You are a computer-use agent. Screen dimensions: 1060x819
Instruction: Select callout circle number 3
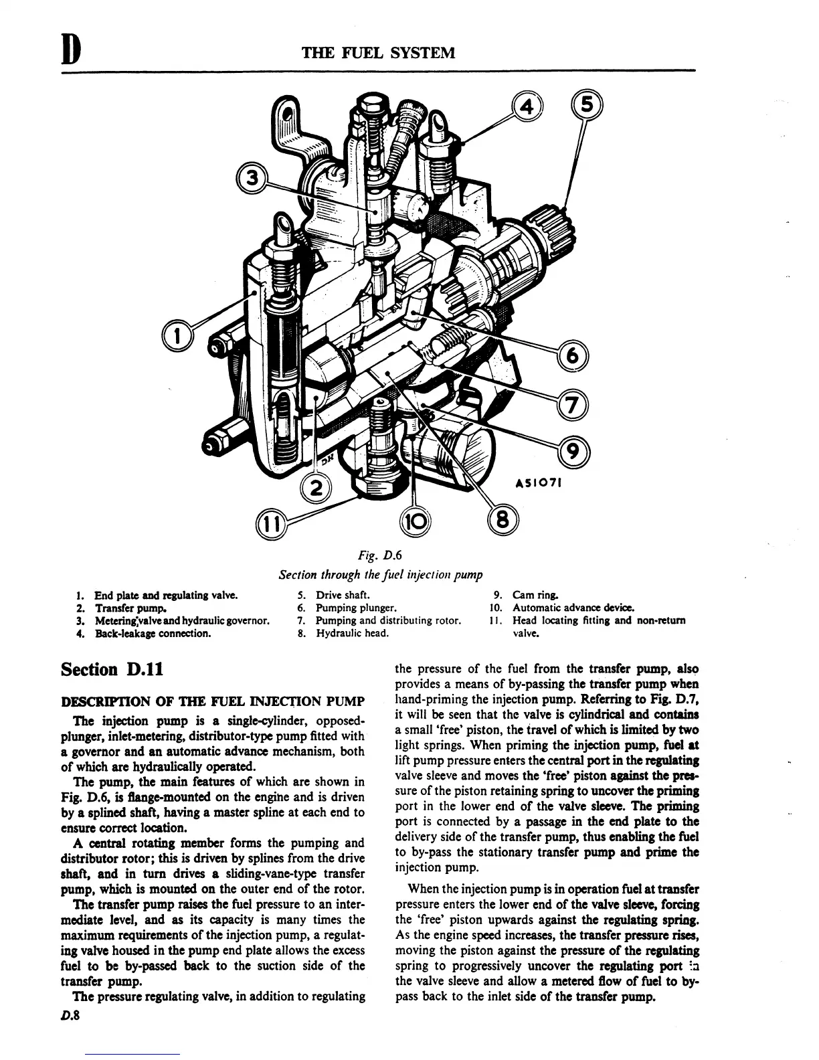pos(252,179)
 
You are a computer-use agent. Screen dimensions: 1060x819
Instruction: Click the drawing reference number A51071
pos(537,482)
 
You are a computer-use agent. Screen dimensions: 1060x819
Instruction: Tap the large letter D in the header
pos(72,52)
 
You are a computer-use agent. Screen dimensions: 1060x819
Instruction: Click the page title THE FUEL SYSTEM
pos(379,52)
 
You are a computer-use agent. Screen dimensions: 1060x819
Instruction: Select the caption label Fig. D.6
pos(379,554)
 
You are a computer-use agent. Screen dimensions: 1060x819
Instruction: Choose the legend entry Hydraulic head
pos(352,633)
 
